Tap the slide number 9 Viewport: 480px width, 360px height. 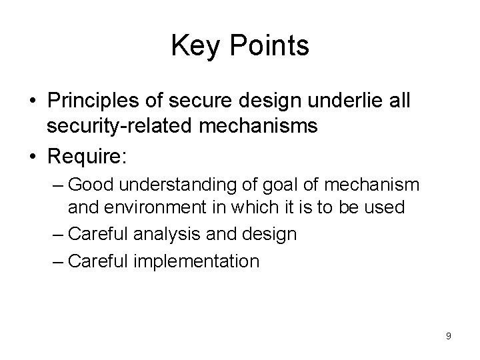(x=449, y=336)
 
